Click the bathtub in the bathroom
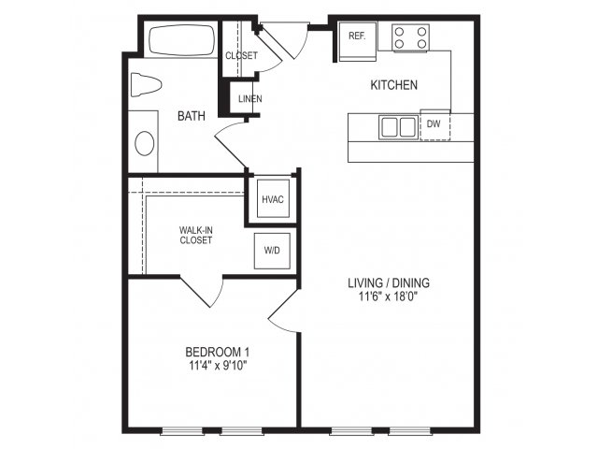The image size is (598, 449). [x=181, y=40]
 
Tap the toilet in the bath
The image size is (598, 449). [x=146, y=85]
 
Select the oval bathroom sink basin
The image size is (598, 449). [x=145, y=143]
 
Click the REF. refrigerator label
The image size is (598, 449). [x=357, y=36]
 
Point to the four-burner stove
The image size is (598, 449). [x=410, y=37]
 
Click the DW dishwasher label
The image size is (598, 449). [x=434, y=123]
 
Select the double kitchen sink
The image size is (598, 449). [x=399, y=127]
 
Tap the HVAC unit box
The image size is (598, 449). [x=273, y=199]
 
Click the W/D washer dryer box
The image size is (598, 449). [x=272, y=251]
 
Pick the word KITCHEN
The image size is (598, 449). [x=394, y=85]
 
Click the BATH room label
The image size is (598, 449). [x=192, y=116]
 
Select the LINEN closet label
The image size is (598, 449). [x=250, y=99]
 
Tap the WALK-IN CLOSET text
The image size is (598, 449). [x=195, y=235]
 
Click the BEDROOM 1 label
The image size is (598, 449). [x=218, y=352]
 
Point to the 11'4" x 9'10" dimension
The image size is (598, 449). [x=218, y=366]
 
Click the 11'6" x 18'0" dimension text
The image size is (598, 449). [x=389, y=297]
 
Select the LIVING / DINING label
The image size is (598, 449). [x=389, y=282]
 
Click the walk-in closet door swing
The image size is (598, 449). [x=202, y=292]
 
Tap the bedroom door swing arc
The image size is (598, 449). [x=283, y=311]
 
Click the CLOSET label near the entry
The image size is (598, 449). [x=241, y=56]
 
